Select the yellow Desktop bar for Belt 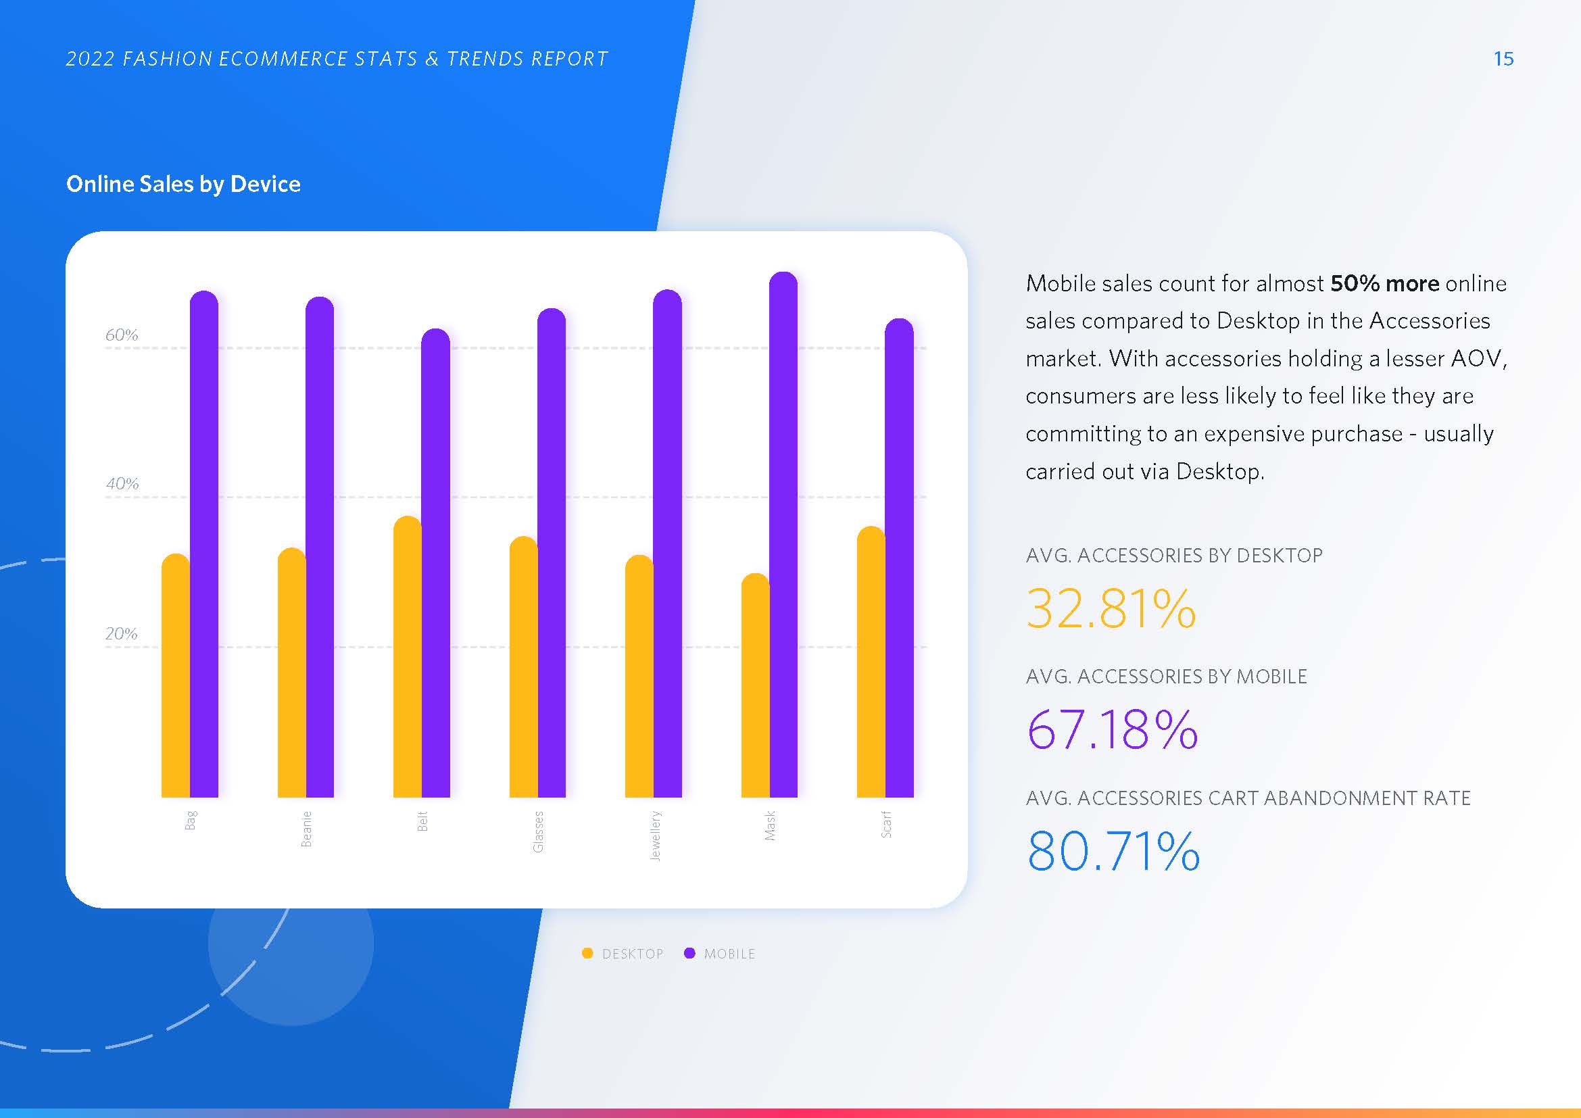(407, 657)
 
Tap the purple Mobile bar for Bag (204, 544)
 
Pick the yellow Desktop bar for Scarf (871, 662)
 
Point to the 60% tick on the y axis (122, 335)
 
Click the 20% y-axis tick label (122, 634)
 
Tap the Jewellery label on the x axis (655, 835)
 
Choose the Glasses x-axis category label (539, 831)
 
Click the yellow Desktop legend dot (587, 954)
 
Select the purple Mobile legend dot (689, 954)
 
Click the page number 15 (1503, 59)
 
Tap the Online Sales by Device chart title (183, 184)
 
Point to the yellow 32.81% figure (1111, 609)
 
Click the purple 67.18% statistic (1111, 730)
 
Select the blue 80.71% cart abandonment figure (1113, 852)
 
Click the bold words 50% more (1384, 284)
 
